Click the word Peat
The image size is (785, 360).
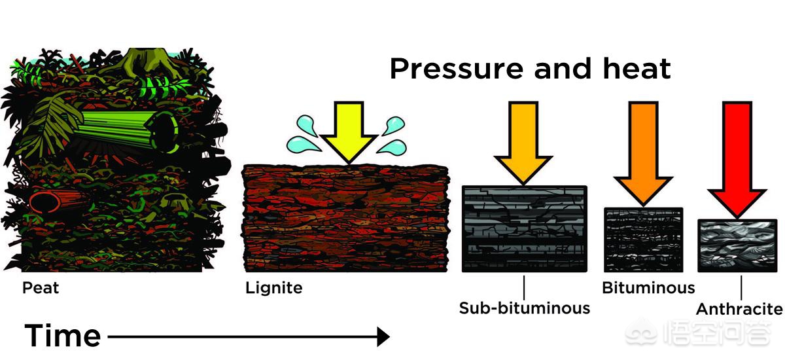click(x=41, y=288)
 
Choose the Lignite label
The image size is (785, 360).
click(x=274, y=288)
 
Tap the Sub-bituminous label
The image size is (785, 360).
click(x=524, y=308)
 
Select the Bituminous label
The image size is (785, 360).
click(x=648, y=288)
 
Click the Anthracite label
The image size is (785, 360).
click(x=739, y=309)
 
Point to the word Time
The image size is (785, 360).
click(x=63, y=336)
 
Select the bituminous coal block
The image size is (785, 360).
click(x=643, y=240)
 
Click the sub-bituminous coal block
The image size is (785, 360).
click(x=524, y=228)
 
